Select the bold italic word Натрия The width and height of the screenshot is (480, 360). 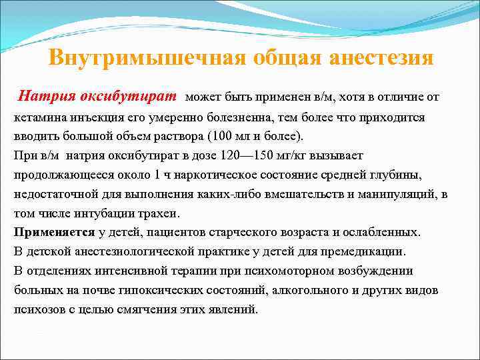click(x=46, y=96)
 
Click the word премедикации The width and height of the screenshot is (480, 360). click(x=365, y=252)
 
